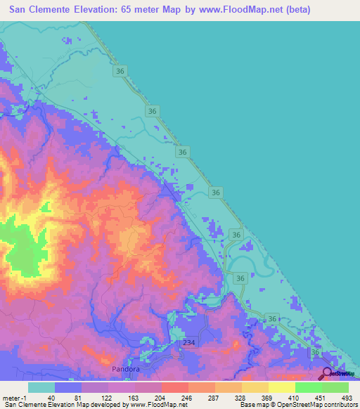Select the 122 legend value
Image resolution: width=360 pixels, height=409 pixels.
tap(108, 397)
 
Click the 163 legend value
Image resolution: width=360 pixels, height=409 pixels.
tap(134, 397)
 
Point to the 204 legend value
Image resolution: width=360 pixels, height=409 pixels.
tap(161, 397)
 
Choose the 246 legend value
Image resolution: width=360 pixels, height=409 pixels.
tap(188, 397)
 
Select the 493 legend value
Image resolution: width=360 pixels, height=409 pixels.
tap(347, 397)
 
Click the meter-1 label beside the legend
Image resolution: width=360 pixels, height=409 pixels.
tap(13, 397)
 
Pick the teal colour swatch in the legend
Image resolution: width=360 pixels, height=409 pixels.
tap(41, 387)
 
